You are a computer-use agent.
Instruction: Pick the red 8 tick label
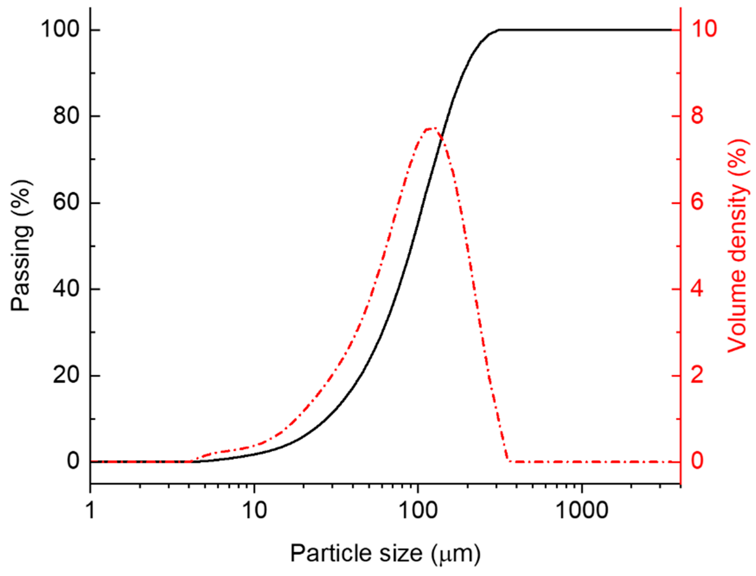click(x=697, y=116)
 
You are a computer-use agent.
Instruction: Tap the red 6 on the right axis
click(x=697, y=203)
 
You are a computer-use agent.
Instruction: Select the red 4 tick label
click(x=697, y=289)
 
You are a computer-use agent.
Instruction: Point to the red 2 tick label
click(x=697, y=376)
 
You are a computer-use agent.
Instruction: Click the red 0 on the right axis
click(x=697, y=461)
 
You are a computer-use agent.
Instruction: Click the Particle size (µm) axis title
click(x=385, y=553)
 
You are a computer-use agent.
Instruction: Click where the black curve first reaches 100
click(x=499, y=30)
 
